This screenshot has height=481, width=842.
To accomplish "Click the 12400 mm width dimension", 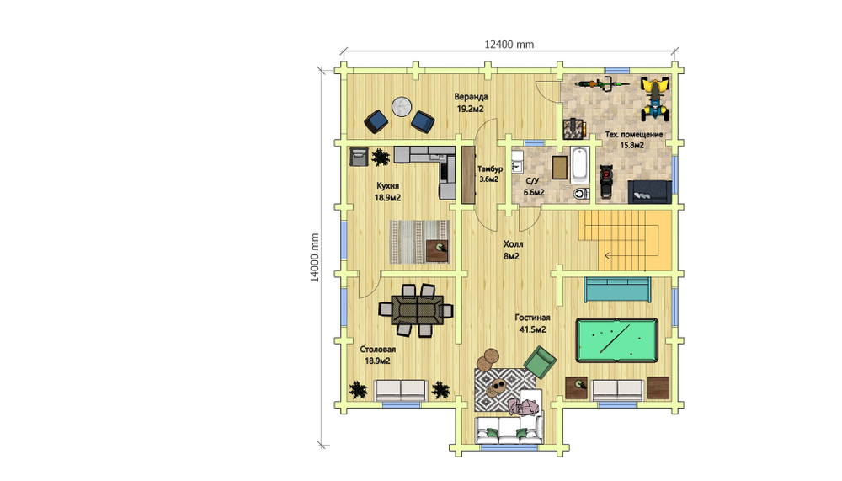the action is [x=509, y=45].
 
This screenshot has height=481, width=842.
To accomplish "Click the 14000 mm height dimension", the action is [x=315, y=258].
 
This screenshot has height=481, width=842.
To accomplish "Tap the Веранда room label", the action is [x=471, y=97].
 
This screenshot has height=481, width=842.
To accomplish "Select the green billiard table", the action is [x=617, y=340].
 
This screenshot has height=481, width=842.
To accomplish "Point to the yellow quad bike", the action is [x=655, y=99].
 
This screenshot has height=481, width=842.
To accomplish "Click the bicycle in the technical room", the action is [x=602, y=83].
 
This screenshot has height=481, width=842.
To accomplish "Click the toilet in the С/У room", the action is [x=580, y=194].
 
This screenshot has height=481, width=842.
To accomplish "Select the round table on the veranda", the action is [x=401, y=106].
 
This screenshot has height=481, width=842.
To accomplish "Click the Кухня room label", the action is [x=387, y=185].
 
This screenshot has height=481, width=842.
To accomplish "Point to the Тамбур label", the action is [x=490, y=168].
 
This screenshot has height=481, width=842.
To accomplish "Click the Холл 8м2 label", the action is [x=512, y=250].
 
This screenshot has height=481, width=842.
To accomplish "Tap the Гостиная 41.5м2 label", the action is [x=532, y=323].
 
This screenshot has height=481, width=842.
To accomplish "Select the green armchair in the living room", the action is [x=539, y=361].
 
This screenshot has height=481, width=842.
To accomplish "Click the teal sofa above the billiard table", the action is [x=617, y=290].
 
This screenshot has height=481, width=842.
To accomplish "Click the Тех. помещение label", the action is [x=634, y=134].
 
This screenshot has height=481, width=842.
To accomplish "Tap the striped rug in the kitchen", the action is [x=418, y=241].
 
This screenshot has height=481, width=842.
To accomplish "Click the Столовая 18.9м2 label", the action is [x=377, y=355].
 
